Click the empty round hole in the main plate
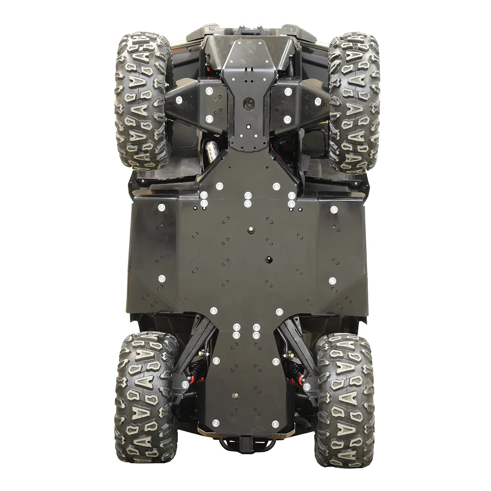click(x=270, y=259)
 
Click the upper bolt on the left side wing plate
click(x=162, y=207)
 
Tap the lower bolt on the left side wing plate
click(x=162, y=279)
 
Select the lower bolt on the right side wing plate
click(x=333, y=280)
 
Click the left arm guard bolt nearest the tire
click(x=177, y=100)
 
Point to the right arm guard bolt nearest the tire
click(x=318, y=100)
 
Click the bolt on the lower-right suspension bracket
click(x=307, y=386)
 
